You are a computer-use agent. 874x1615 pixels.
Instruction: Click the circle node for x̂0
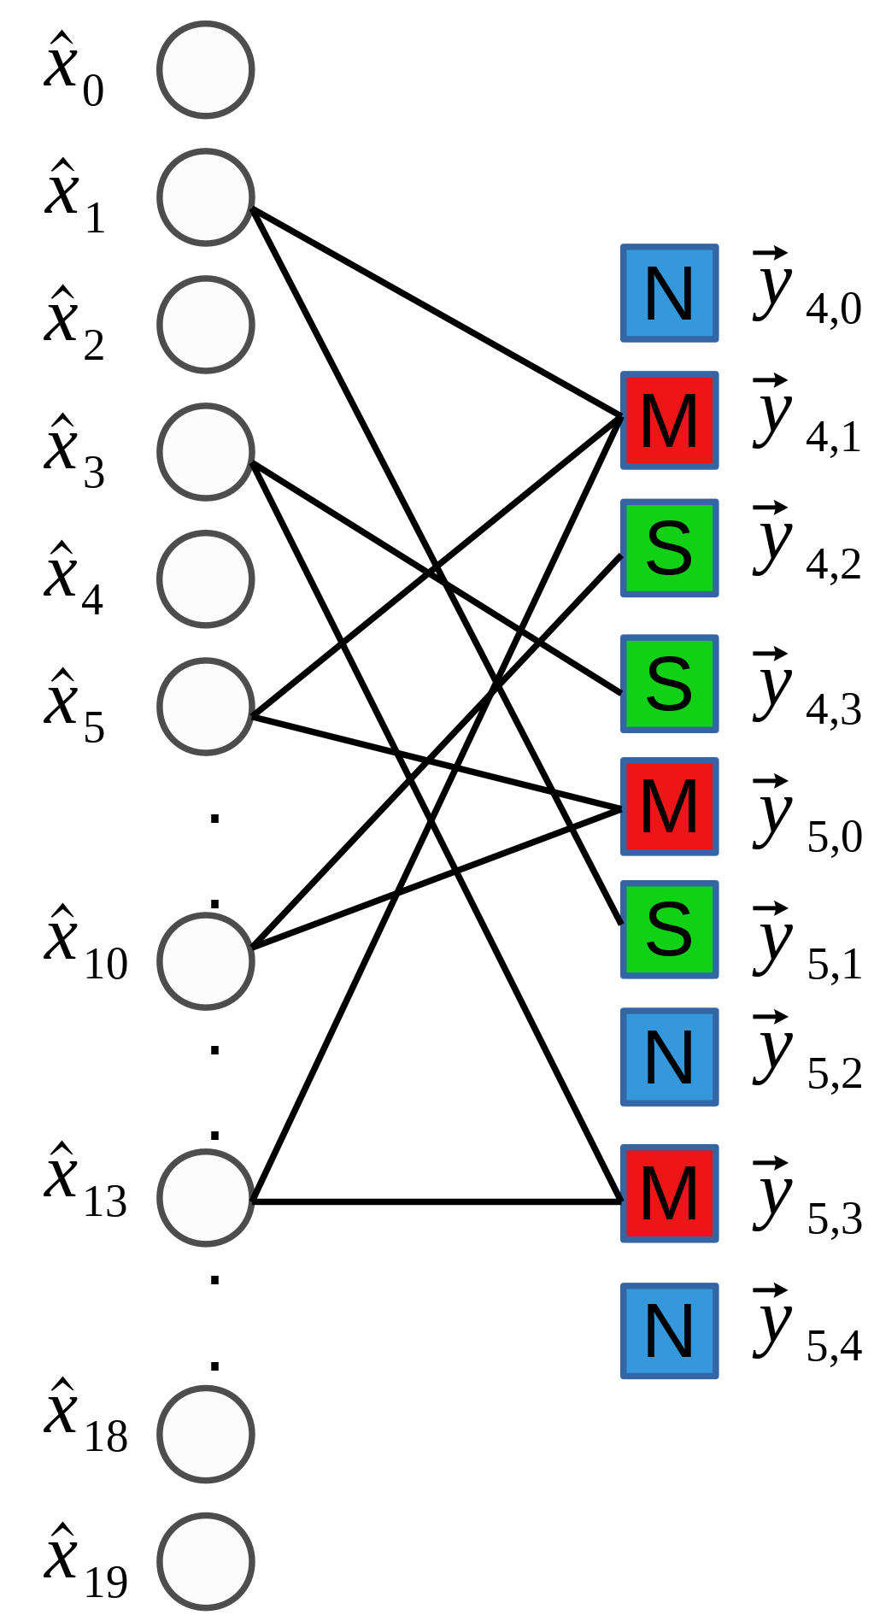[x=206, y=70]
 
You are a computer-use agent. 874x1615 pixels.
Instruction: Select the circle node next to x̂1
[x=206, y=197]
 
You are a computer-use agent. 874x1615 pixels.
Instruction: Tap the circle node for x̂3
[x=206, y=452]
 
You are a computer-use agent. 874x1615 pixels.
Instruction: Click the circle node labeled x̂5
[x=206, y=707]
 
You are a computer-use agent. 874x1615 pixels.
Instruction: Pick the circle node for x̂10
[x=206, y=960]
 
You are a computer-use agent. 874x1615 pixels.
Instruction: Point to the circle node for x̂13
[x=206, y=1197]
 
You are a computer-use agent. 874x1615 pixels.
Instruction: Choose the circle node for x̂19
[x=206, y=1561]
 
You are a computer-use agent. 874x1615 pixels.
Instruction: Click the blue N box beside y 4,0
[x=669, y=293]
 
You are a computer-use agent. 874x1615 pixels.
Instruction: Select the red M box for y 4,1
[x=669, y=420]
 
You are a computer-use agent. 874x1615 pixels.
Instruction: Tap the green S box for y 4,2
[x=669, y=548]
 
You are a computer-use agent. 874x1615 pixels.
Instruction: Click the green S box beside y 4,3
[x=669, y=684]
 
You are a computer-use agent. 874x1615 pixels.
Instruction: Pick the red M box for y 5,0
[x=669, y=807]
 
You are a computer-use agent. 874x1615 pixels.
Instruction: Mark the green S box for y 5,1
[x=669, y=930]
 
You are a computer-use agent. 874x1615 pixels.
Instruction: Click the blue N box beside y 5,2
[x=669, y=1057]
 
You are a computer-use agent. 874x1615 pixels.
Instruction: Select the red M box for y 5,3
[x=669, y=1193]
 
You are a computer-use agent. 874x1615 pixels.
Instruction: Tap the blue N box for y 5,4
[x=669, y=1330]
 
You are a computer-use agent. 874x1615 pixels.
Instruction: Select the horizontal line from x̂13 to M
[x=436, y=1201]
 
